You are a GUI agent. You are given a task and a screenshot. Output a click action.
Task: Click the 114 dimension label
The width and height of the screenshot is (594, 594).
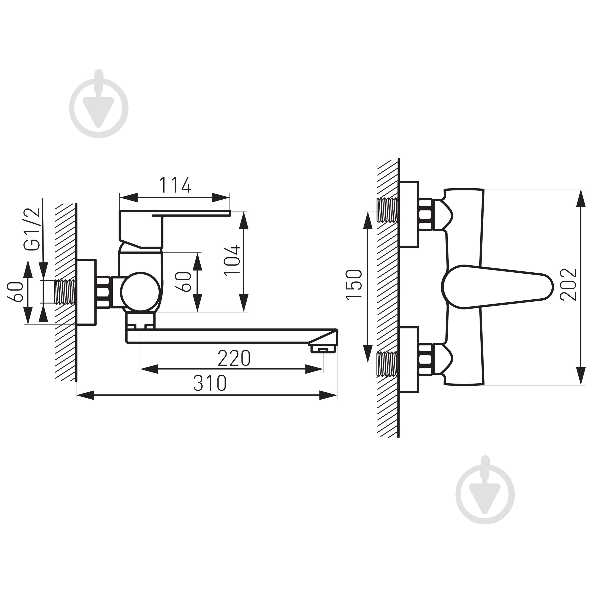point(175,185)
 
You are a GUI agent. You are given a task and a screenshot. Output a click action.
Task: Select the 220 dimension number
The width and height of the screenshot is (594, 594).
point(234,358)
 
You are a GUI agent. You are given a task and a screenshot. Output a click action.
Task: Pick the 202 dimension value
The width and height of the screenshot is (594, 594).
point(568,284)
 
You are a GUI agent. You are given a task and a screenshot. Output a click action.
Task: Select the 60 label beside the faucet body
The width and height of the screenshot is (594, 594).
point(183,282)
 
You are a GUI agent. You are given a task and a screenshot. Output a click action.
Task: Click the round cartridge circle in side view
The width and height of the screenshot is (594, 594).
point(140,292)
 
